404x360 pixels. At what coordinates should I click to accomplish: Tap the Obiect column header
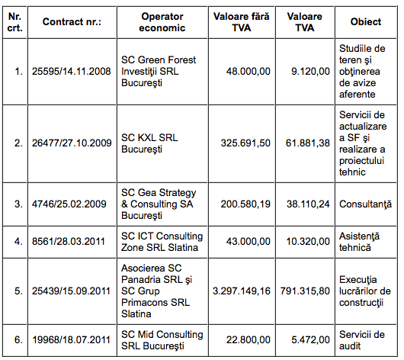click(366, 21)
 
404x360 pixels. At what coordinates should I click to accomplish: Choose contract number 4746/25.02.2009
click(69, 205)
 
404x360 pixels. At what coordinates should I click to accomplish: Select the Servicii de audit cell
click(364, 341)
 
